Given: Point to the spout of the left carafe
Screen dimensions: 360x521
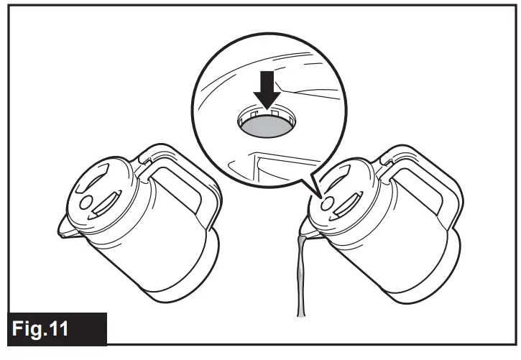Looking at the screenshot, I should pyautogui.click(x=65, y=231).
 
